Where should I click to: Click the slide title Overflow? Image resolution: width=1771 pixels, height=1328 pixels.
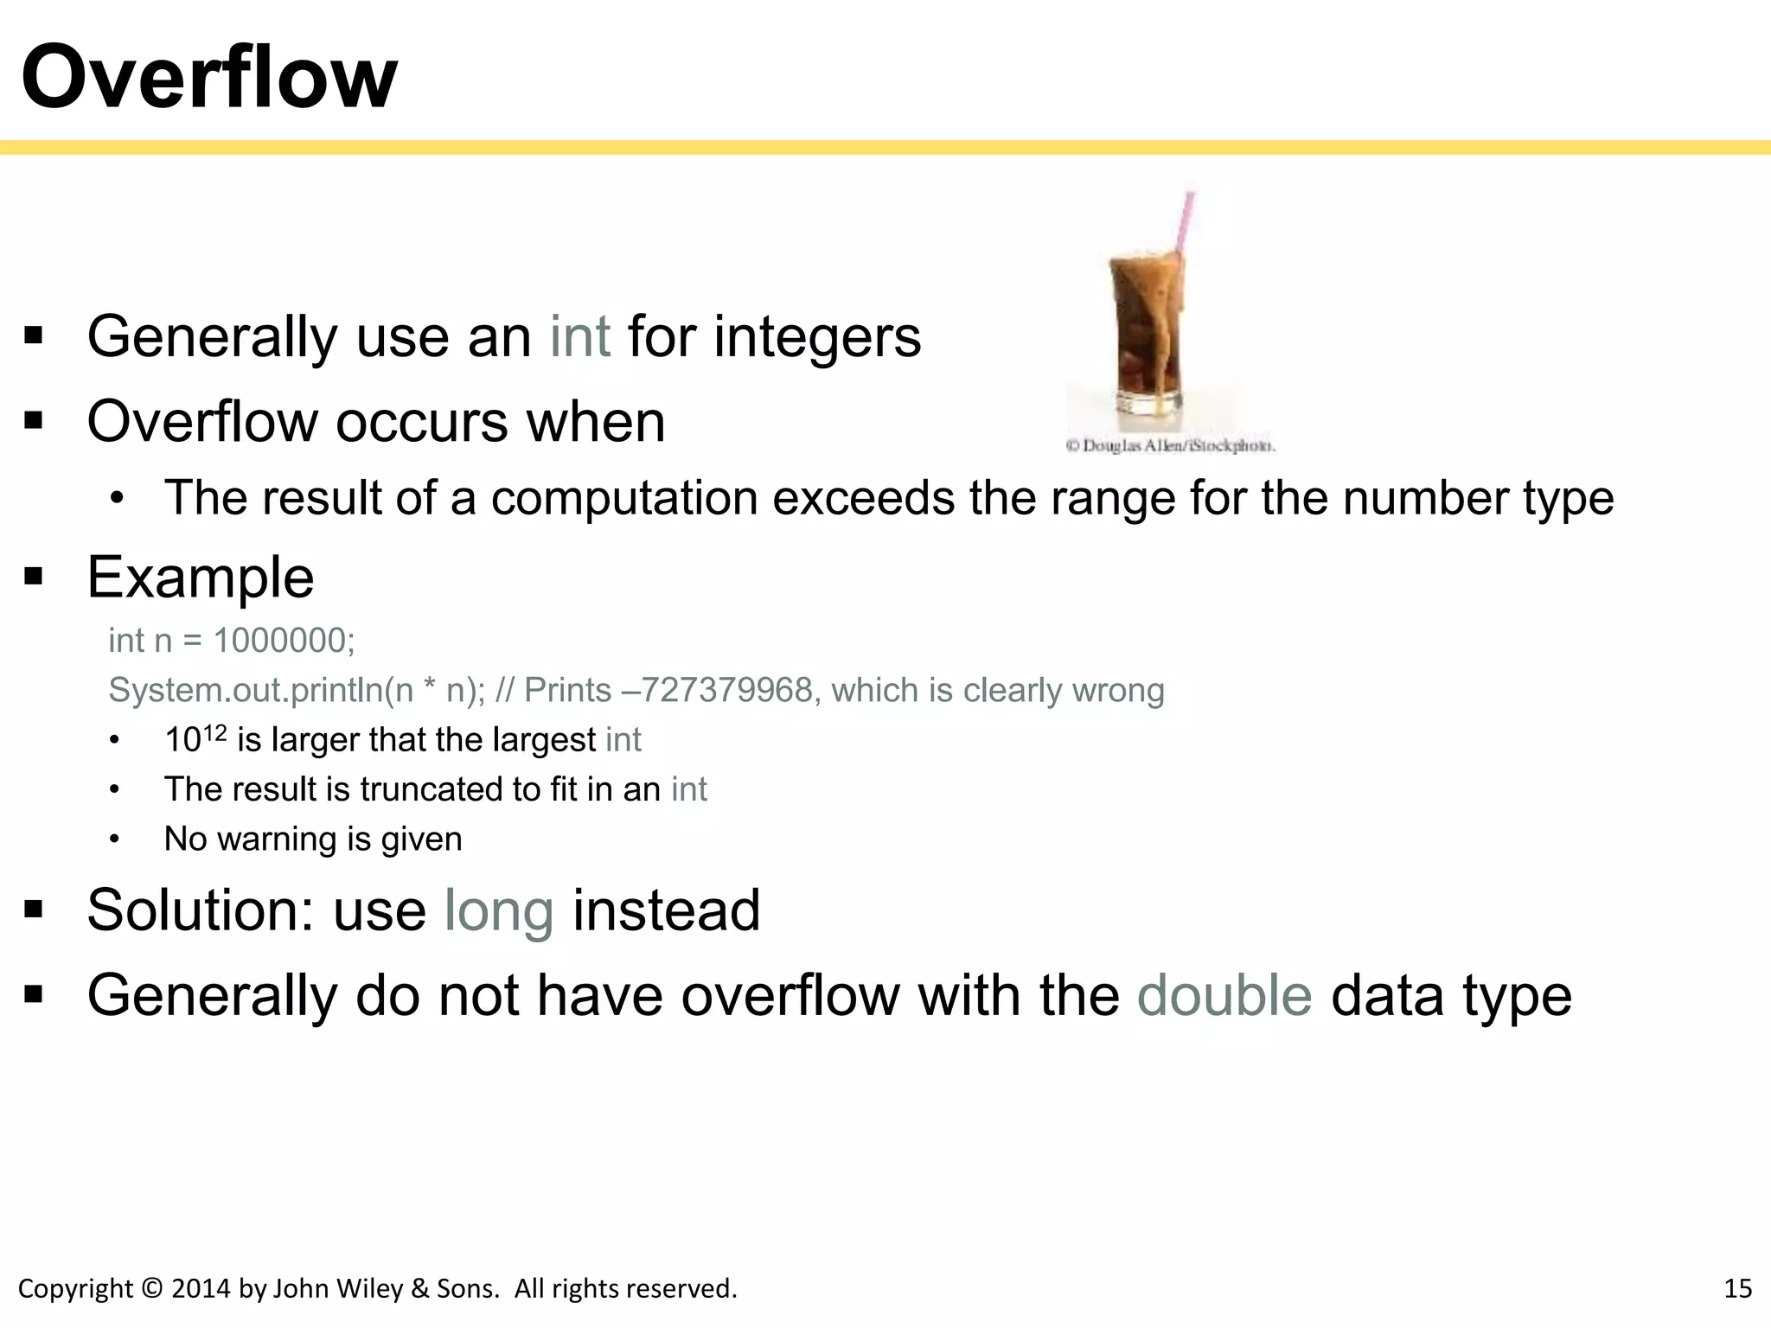point(209,78)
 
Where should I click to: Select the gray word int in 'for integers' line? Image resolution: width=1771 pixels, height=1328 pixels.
point(580,336)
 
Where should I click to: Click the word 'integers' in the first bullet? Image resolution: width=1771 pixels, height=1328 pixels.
point(817,338)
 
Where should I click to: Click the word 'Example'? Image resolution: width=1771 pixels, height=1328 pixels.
point(201,578)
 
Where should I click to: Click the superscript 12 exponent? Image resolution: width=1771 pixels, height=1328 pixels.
point(214,734)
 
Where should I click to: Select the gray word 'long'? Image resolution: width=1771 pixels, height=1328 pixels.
point(499,911)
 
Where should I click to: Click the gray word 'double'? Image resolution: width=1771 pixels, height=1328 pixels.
point(1224,995)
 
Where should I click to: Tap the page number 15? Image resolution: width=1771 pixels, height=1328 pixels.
point(1737,1288)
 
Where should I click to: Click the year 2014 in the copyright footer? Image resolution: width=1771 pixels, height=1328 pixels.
point(201,1288)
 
